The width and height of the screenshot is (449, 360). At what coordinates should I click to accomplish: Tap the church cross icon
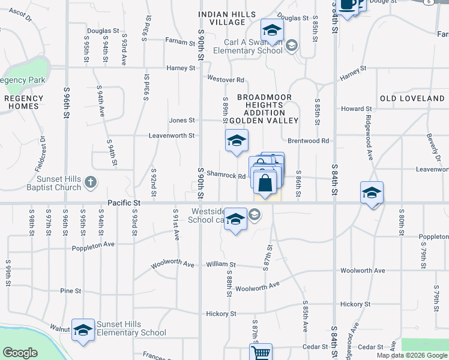90,182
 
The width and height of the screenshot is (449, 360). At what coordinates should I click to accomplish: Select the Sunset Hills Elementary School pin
83,330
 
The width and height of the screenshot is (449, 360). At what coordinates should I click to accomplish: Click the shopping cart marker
261,353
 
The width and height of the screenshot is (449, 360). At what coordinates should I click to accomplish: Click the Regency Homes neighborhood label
24,102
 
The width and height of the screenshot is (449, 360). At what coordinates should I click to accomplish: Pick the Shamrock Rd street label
226,176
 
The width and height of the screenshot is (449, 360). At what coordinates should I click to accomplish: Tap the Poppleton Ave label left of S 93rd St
93,247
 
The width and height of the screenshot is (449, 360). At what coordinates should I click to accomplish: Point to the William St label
220,264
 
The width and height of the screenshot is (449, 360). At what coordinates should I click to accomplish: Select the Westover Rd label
225,79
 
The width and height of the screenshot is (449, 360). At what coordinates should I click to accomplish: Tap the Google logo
20,353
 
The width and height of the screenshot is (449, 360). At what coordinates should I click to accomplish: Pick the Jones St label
182,120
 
